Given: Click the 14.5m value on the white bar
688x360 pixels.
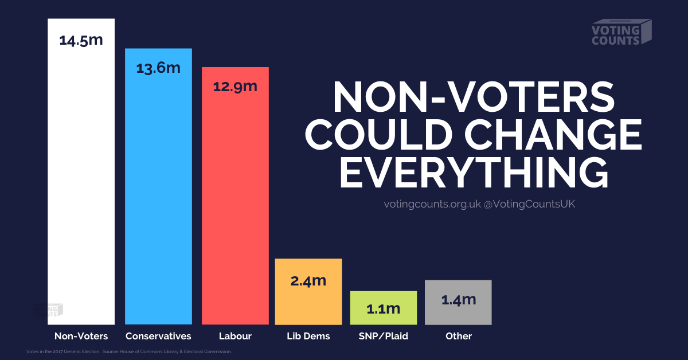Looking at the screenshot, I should (81, 41).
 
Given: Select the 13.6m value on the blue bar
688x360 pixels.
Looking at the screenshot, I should (158, 68).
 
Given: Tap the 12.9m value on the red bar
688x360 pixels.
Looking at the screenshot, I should (235, 87).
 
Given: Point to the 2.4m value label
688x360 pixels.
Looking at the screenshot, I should (308, 281).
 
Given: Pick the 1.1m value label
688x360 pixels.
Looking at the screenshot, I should (383, 308).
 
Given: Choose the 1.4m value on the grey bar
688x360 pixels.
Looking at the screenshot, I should (458, 299).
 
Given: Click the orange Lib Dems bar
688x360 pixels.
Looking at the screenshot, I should (308, 304).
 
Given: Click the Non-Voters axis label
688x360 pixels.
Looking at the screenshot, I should (81, 336).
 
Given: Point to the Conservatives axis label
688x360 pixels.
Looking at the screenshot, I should (158, 336).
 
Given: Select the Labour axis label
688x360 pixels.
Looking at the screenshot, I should (235, 336).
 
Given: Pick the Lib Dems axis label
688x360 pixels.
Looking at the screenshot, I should (308, 336).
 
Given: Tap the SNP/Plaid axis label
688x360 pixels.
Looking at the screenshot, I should (383, 336).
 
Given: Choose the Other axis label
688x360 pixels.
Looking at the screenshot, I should (458, 336).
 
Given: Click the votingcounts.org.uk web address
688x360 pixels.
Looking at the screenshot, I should (432, 204).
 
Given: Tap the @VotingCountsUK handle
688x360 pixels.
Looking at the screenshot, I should (529, 204).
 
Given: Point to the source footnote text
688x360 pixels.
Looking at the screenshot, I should (129, 351).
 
